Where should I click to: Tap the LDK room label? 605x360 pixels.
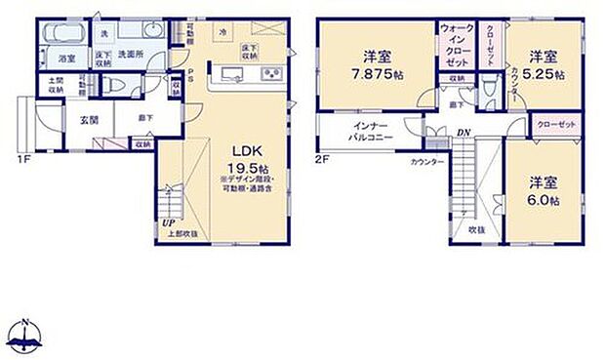coord(244,149)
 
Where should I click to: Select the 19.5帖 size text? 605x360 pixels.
coord(244,165)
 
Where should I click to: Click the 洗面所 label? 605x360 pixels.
coord(132,55)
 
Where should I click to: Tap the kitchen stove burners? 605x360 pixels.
coord(269,75)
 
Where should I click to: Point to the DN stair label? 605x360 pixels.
coord(464,133)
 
